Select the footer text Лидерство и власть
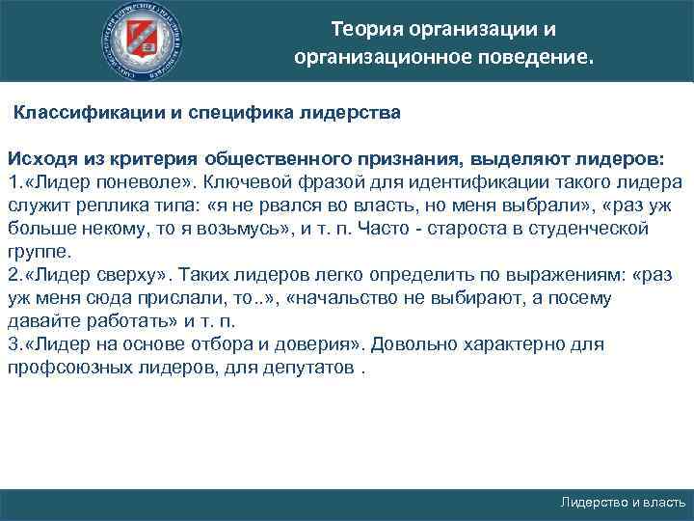(x=623, y=503)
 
